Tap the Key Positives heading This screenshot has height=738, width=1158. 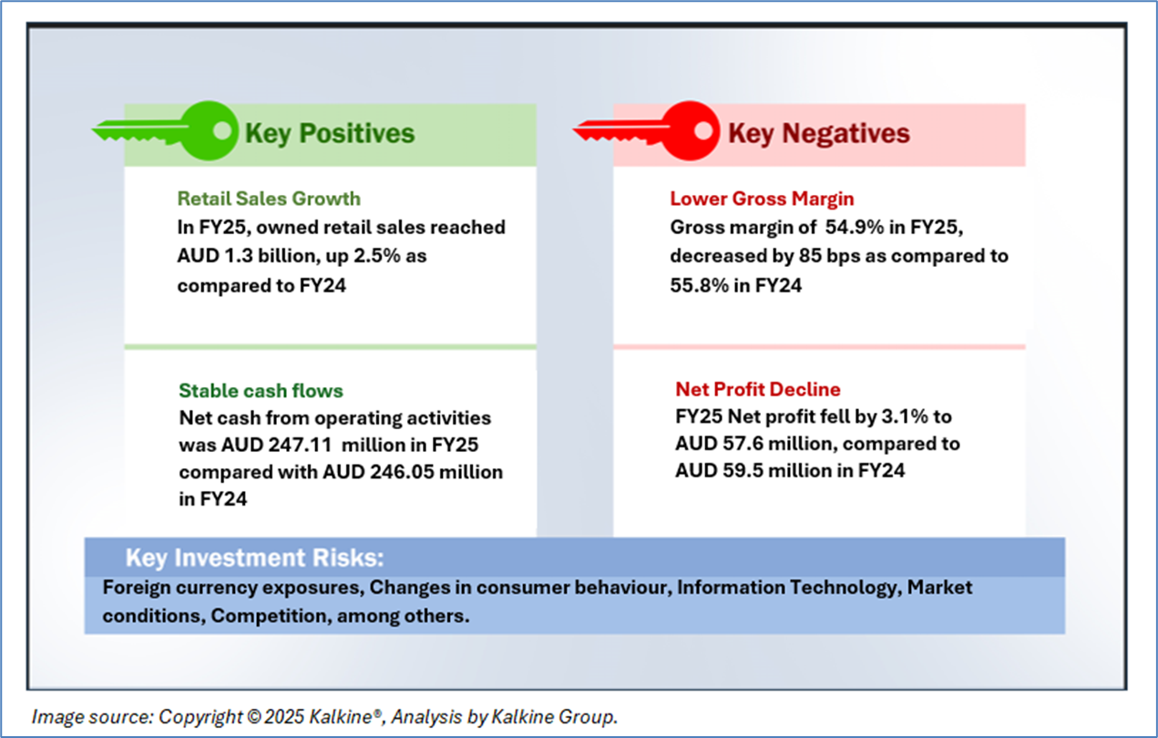click(x=330, y=133)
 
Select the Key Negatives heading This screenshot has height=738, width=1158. click(x=819, y=133)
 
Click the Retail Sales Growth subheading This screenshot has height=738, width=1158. click(x=269, y=199)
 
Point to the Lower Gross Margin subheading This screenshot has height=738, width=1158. click(x=762, y=199)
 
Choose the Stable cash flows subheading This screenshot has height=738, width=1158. click(x=261, y=391)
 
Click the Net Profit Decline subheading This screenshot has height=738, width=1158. click(x=758, y=389)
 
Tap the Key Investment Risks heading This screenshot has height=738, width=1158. click(x=255, y=558)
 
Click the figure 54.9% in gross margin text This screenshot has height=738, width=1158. click(x=854, y=228)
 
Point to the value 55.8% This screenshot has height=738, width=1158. click(x=699, y=285)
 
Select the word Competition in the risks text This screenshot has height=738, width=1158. click(x=271, y=616)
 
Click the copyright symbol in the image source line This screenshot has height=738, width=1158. click(x=254, y=717)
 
